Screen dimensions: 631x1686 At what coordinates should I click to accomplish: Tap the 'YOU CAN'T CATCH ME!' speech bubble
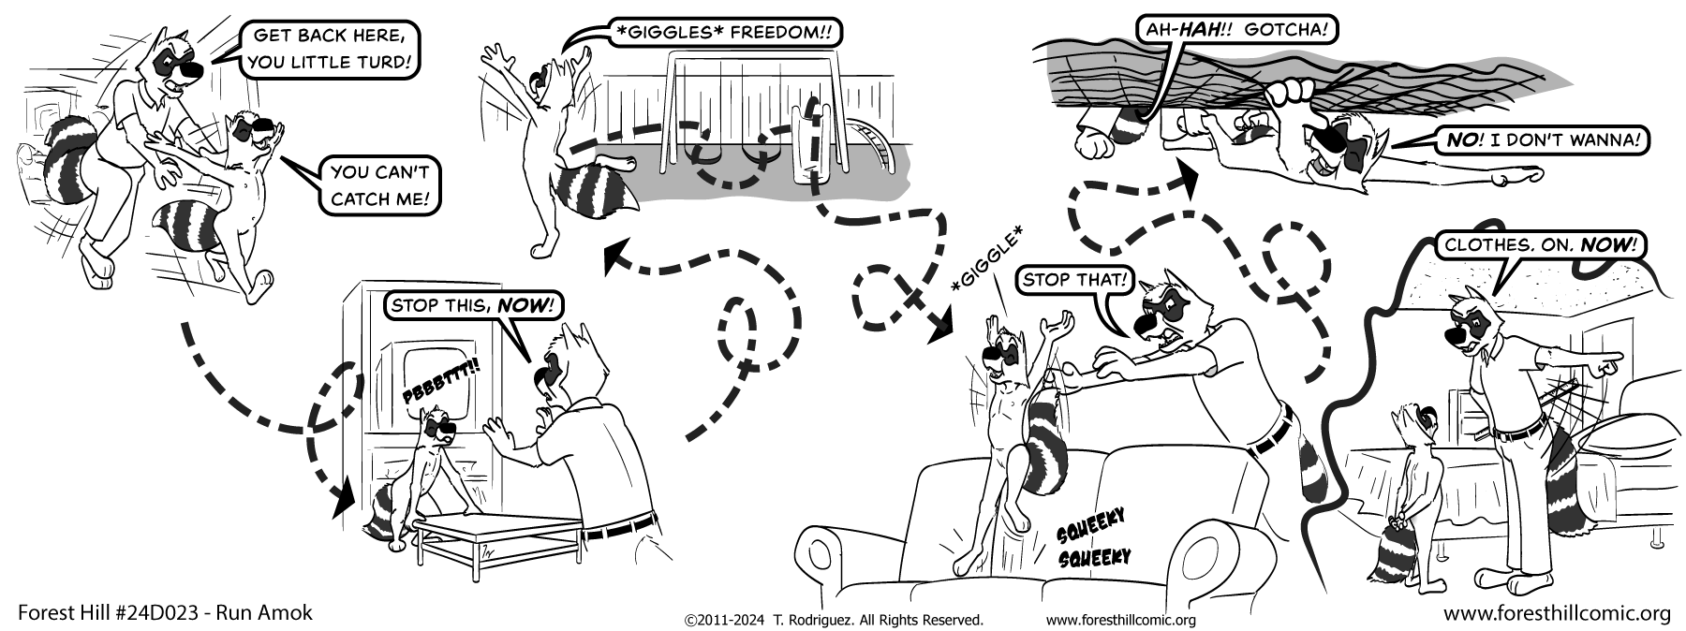point(379,184)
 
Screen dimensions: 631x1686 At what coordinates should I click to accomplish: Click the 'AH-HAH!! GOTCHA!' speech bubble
point(1235,31)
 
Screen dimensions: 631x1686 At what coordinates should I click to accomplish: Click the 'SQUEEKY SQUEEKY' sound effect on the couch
point(1092,538)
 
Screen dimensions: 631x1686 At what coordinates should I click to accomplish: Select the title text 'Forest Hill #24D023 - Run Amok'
point(165,613)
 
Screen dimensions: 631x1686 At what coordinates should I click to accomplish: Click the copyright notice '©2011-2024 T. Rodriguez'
point(834,620)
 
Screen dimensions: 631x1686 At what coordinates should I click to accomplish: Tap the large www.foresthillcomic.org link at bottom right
point(1557,613)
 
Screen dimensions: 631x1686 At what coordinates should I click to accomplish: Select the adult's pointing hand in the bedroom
point(1609,360)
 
